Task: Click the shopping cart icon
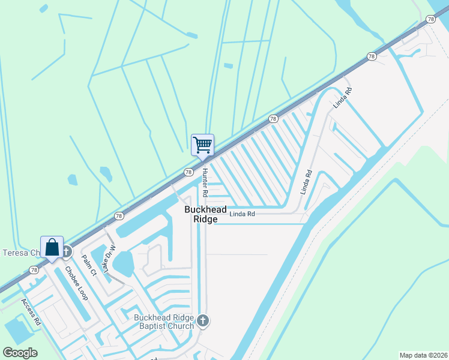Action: click(x=202, y=144)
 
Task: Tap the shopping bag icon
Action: click(x=52, y=247)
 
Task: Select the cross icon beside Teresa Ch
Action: click(x=67, y=252)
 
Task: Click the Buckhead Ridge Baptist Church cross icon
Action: click(x=203, y=321)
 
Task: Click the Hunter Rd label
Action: click(x=205, y=183)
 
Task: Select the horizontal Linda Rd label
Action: click(x=243, y=214)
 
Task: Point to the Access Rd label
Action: click(x=31, y=312)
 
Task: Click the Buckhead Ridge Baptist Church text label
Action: click(x=164, y=322)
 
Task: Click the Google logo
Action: click(x=20, y=353)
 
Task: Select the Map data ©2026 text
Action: click(x=423, y=355)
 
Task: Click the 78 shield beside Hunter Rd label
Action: click(x=188, y=172)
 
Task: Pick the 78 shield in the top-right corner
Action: click(x=430, y=20)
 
